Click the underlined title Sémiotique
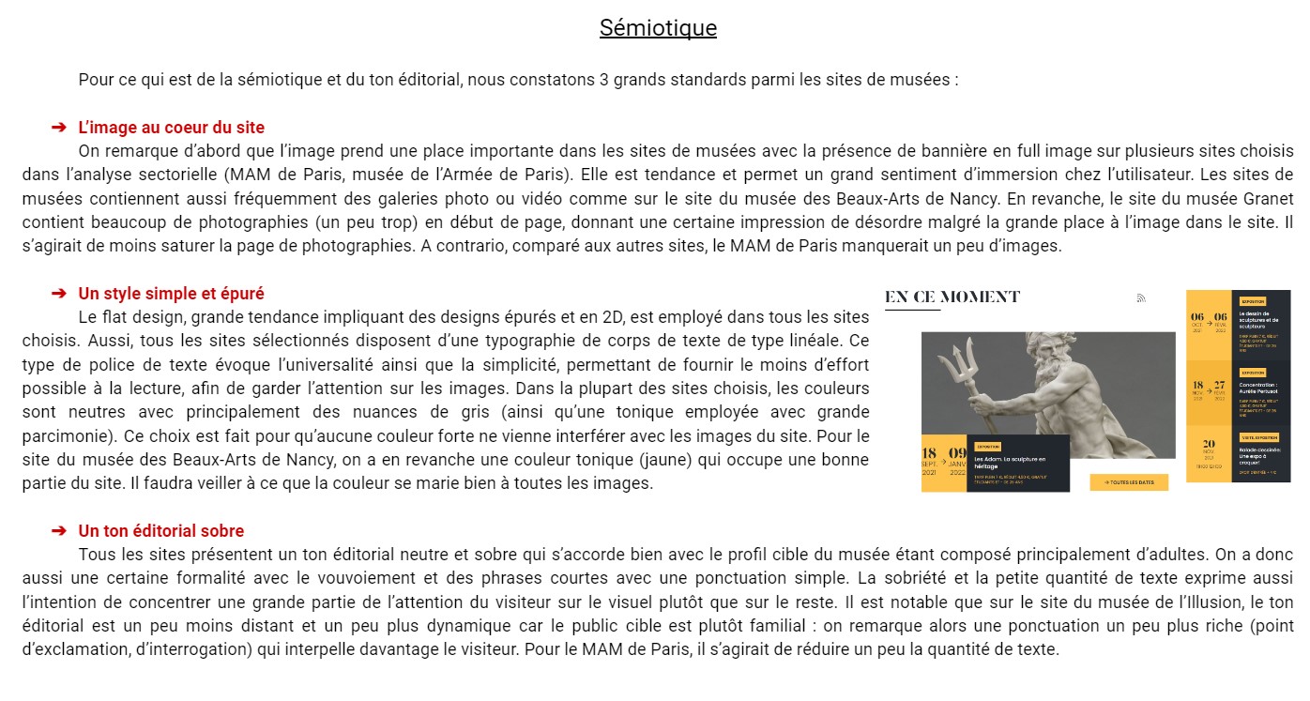658,28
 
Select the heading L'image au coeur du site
171,128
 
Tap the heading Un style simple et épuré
171,294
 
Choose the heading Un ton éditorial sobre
160,531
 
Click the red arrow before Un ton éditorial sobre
58,531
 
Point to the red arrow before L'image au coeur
58,128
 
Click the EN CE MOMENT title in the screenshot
952,297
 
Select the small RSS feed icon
1141,298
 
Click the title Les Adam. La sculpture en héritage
1010,462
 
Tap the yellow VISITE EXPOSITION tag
1259,437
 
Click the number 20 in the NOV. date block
1209,444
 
